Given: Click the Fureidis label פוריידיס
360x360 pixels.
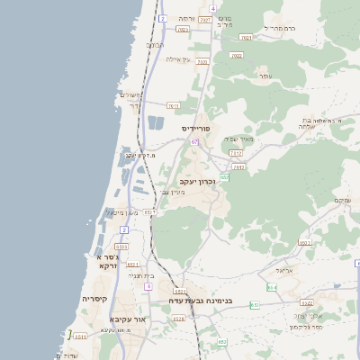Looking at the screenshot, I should (x=196, y=129).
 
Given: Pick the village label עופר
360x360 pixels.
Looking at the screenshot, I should (x=265, y=76).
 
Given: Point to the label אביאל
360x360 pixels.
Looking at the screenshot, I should (x=283, y=269).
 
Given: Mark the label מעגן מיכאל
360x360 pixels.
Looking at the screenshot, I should (x=121, y=212).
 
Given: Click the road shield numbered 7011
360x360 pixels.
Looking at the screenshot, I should (x=174, y=105).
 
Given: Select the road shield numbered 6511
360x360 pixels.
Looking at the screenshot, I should (x=133, y=265).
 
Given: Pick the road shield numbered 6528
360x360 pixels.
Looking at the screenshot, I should (x=178, y=318).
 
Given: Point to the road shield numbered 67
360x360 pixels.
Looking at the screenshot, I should (x=193, y=141).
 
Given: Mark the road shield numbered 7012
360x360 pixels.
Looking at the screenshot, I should (x=235, y=154).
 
